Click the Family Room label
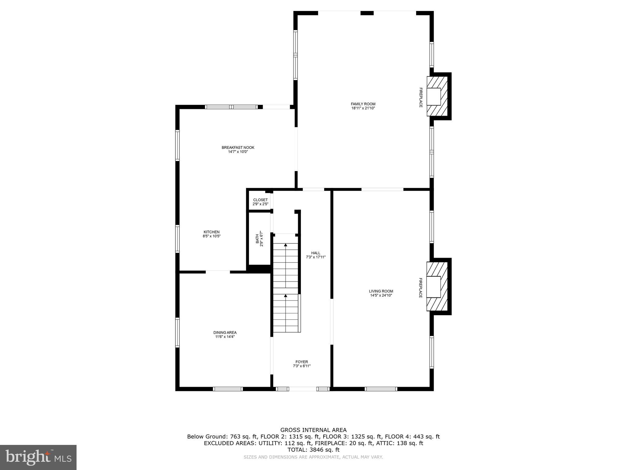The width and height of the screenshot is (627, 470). pos(363,104)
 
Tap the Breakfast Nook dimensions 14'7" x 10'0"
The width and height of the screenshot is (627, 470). pos(238,152)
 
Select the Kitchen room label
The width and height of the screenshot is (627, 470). pos(212,232)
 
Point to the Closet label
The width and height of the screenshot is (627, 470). pos(260,200)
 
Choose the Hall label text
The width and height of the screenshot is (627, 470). pos(316,253)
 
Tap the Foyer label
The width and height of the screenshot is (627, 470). pos(302,362)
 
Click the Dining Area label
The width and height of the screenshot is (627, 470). pos(225,333)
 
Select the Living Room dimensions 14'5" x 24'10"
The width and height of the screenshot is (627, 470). pos(381,296)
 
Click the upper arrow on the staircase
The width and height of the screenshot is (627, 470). pos(286,245)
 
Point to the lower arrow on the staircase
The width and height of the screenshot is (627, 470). pos(286,296)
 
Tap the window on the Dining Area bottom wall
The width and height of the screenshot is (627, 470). pos(228,389)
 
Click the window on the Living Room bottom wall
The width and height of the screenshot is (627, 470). pos(381,389)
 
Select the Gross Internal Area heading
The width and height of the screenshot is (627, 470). pos(313,430)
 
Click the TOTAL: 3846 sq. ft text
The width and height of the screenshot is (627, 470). pos(313,450)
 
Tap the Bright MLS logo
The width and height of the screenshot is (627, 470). pos(38,457)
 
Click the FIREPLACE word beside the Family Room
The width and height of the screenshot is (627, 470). pos(421,98)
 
